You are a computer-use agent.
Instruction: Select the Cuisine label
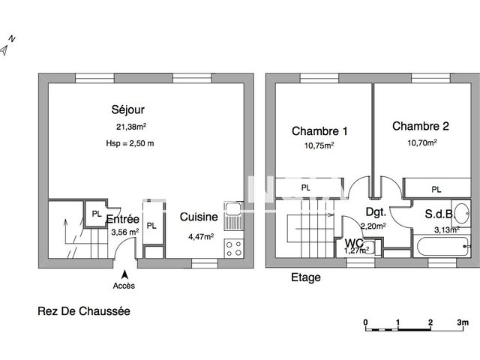pos(199,217)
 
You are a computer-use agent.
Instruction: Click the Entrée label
pos(122,219)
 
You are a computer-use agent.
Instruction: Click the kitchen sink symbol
pos(233,212)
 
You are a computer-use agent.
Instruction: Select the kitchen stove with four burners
pos(233,245)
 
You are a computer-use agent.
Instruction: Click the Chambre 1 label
pos(319,131)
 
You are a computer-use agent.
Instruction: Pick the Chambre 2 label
pos(420,126)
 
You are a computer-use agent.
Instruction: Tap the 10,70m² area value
pos(421,141)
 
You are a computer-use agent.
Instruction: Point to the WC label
pos(355,243)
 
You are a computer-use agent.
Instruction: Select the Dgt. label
pos(375,212)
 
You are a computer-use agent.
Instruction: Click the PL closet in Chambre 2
pos(436,189)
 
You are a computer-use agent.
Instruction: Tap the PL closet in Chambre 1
pos(306,187)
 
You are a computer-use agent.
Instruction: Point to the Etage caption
pos(305,277)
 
